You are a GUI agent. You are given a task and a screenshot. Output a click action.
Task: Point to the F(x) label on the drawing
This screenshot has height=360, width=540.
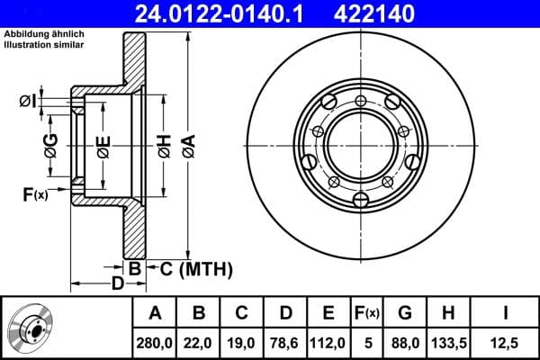click(35, 193)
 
